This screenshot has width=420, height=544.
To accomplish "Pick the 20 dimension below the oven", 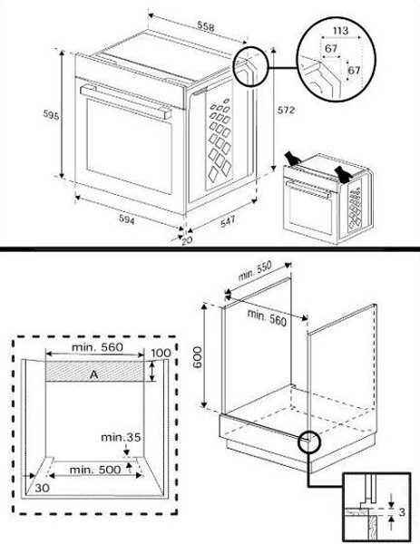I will tap(187, 240).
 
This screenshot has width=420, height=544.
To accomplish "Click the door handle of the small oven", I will tap(307, 192).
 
